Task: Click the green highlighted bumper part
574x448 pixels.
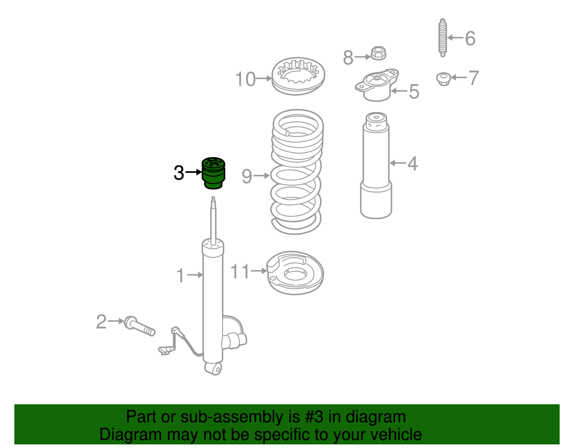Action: tap(213, 173)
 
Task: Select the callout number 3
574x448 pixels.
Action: tap(179, 173)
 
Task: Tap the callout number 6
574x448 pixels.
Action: tap(470, 38)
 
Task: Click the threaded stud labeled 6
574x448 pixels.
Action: tap(443, 38)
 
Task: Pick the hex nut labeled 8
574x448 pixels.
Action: tap(378, 53)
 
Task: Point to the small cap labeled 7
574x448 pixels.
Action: tap(443, 79)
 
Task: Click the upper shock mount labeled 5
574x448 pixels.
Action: tap(377, 85)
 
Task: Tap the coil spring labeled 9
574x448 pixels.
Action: tap(296, 172)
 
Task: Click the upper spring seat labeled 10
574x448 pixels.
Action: tap(298, 76)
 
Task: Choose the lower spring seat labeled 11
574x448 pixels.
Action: tap(295, 273)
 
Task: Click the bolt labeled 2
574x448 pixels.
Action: tap(140, 326)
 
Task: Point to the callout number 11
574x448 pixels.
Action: tap(240, 272)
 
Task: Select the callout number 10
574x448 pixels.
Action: tap(245, 79)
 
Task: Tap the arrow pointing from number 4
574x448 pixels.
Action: tap(397, 163)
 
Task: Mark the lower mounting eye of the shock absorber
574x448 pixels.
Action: tap(214, 368)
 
